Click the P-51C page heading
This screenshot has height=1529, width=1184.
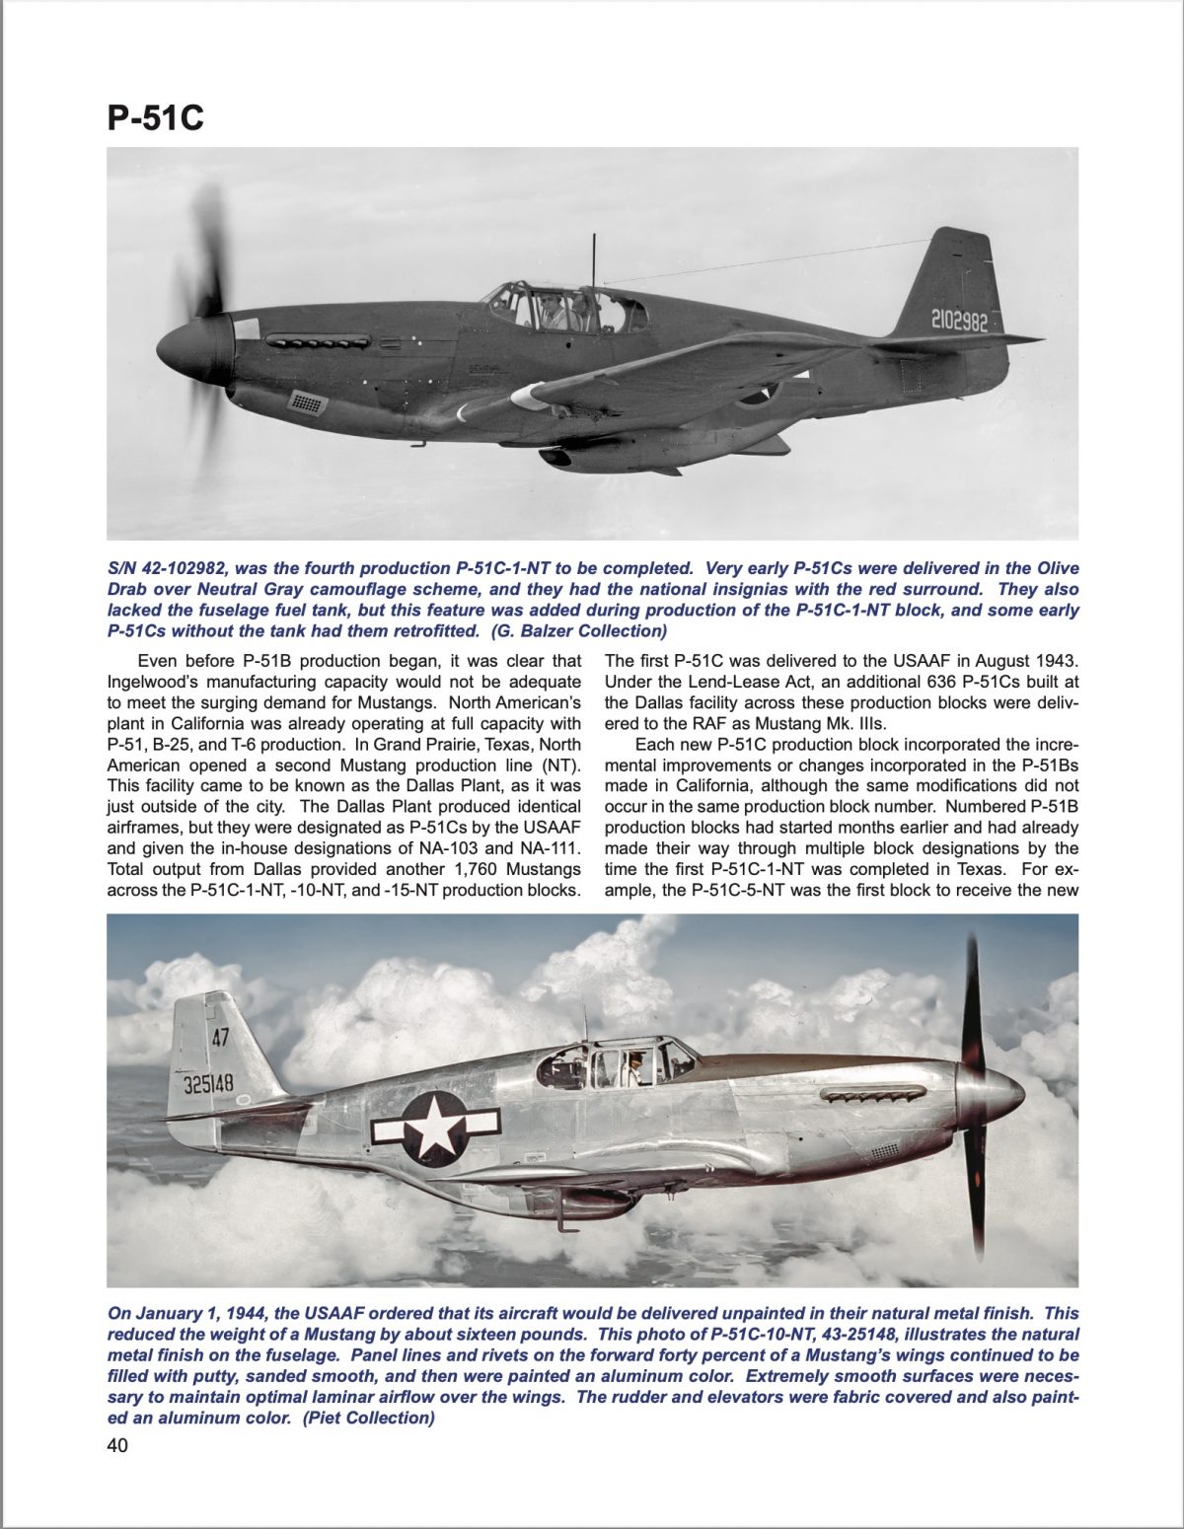click(x=155, y=116)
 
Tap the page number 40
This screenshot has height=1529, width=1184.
click(x=117, y=1446)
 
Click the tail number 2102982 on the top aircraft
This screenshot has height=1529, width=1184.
click(x=958, y=321)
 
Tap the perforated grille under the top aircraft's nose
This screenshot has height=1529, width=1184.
click(x=307, y=401)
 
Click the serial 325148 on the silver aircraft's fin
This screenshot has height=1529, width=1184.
click(x=208, y=1083)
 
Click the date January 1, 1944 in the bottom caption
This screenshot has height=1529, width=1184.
click(x=196, y=1314)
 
